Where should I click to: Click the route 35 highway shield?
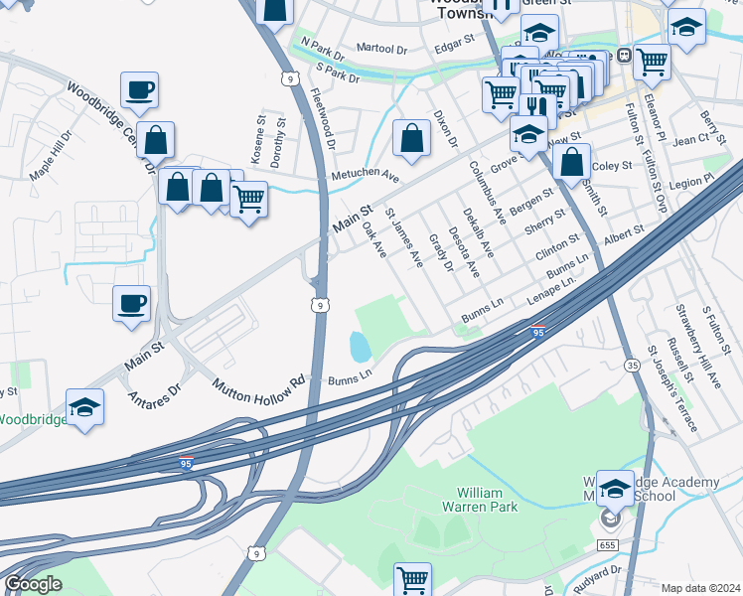coord(632,366)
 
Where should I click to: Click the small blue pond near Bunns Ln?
coord(360,347)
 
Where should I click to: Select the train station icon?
coord(625,56)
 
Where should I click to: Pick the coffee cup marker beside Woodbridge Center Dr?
coord(139,89)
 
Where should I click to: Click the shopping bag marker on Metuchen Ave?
coord(410,139)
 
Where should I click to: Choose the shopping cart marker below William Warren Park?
coord(411,577)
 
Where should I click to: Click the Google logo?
coord(32,584)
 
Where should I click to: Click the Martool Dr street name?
coord(382,48)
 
